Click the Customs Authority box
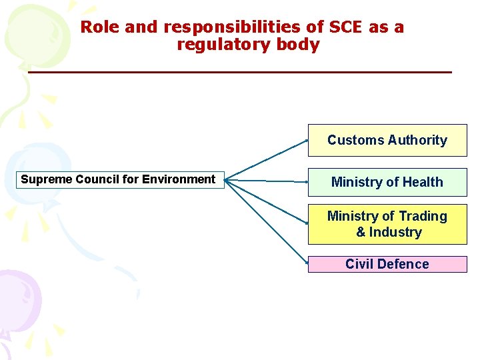pyautogui.click(x=387, y=140)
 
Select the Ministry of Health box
pyautogui.click(x=387, y=182)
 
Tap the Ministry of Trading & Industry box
pyautogui.click(x=387, y=224)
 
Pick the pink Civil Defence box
pyautogui.click(x=387, y=264)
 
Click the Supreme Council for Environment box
pyautogui.click(x=120, y=179)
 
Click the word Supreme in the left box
pyautogui.click(x=47, y=179)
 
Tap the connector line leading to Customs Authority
pyautogui.click(x=267, y=160)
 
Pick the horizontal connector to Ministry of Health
pyautogui.click(x=267, y=181)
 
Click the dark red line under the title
pyautogui.click(x=240, y=71)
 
